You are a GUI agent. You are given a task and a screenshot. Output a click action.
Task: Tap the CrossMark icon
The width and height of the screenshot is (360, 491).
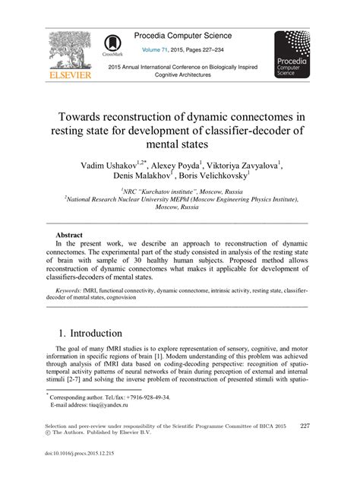[x=111, y=46]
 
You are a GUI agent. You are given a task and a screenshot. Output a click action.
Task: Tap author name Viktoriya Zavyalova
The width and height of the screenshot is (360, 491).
[x=242, y=166]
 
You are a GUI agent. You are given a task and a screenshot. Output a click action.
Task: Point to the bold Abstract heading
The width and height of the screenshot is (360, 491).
[x=69, y=235]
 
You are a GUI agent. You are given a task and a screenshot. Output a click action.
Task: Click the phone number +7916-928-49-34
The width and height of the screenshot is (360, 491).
[x=143, y=397]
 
